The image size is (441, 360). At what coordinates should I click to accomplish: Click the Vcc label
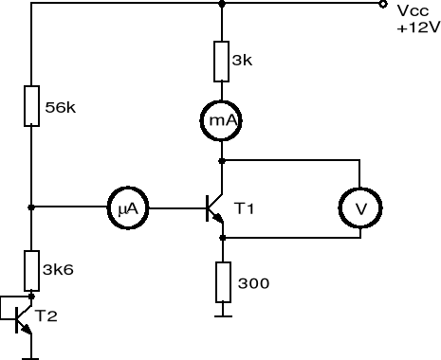[x=411, y=10]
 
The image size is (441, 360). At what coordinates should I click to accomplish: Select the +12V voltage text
[x=418, y=27]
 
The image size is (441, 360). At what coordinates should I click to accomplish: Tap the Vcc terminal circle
[x=382, y=4]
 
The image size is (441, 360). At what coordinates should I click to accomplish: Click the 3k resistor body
[x=221, y=60]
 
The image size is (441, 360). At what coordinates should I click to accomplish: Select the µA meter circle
[x=126, y=207]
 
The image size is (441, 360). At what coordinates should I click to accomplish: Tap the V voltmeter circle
[x=360, y=207]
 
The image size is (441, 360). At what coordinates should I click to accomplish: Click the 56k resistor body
[x=31, y=106]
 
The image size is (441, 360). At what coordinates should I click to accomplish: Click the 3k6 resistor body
[x=31, y=270]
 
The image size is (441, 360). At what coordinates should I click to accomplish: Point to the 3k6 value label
[x=60, y=269]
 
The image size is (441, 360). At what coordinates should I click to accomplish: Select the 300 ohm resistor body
[x=221, y=280]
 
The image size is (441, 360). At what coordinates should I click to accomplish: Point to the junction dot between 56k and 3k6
[x=31, y=207]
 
